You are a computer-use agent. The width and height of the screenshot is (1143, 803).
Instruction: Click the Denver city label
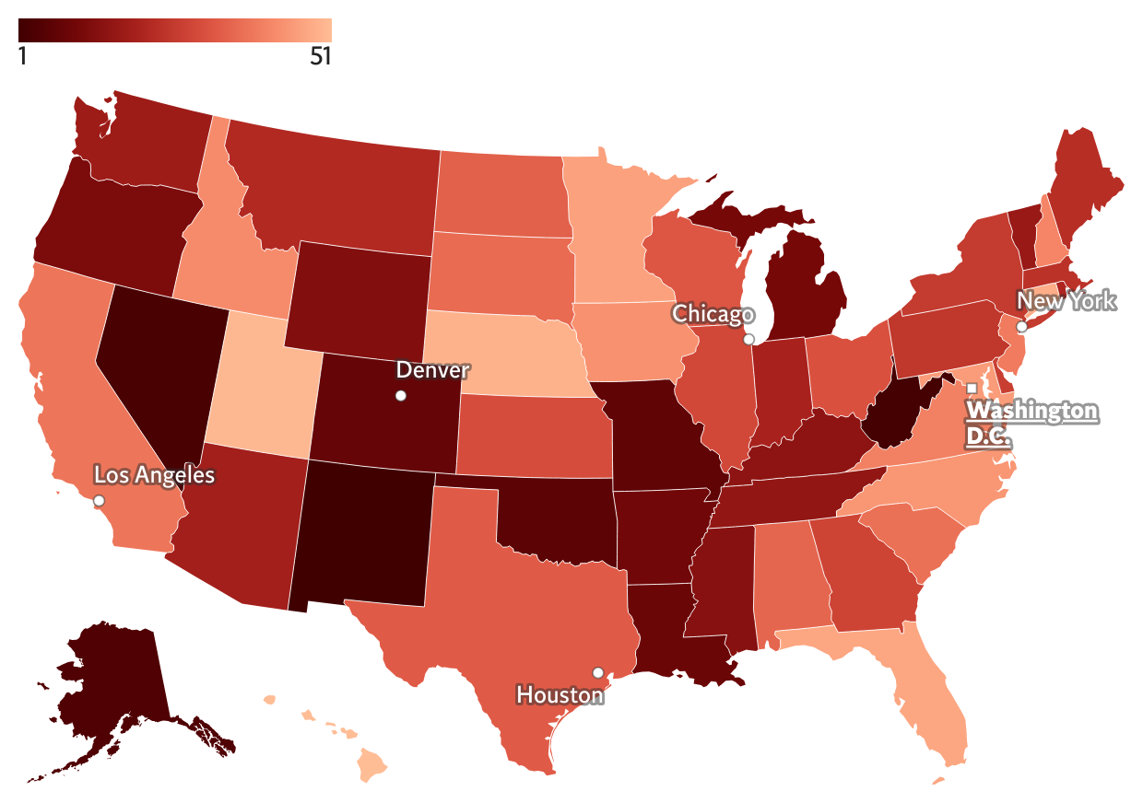click(432, 370)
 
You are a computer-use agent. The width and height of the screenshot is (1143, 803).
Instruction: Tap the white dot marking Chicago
click(748, 340)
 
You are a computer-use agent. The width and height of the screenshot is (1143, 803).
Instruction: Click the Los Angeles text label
click(154, 475)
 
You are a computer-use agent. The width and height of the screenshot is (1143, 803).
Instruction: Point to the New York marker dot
click(1021, 327)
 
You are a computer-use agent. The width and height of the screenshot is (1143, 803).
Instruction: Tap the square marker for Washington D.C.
click(971, 388)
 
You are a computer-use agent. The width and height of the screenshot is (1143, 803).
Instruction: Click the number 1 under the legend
click(23, 57)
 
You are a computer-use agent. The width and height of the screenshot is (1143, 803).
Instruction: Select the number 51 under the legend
click(319, 57)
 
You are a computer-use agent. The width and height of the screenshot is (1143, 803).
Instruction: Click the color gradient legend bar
click(174, 29)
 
